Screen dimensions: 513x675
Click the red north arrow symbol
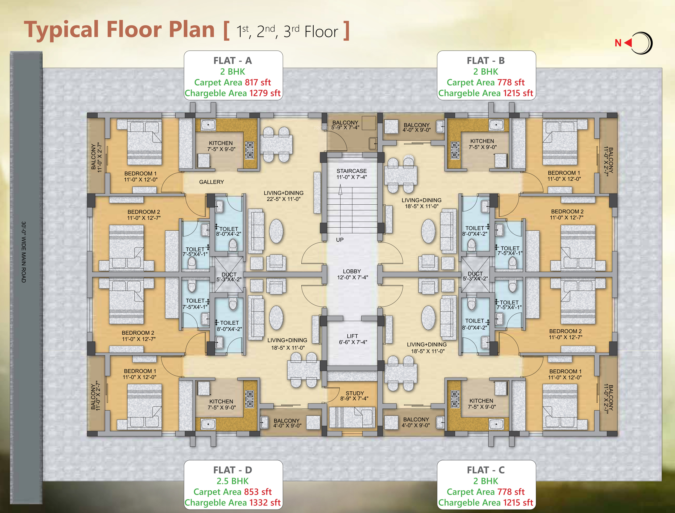click(x=628, y=43)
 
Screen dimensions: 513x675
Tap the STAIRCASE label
click(x=351, y=171)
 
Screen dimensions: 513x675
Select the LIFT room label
click(x=352, y=336)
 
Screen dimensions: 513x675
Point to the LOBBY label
click(x=352, y=271)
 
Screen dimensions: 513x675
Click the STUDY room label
click(x=355, y=393)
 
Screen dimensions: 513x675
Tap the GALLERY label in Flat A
click(x=211, y=182)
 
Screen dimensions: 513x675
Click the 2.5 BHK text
click(x=233, y=481)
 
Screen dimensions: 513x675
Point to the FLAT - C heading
click(x=486, y=470)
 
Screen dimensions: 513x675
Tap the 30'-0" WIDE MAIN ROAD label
click(x=24, y=252)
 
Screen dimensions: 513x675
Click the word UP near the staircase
click(x=340, y=240)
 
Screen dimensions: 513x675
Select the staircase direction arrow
click(x=340, y=191)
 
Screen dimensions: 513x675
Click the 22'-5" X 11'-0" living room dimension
click(x=284, y=199)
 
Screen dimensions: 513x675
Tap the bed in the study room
click(x=352, y=417)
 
